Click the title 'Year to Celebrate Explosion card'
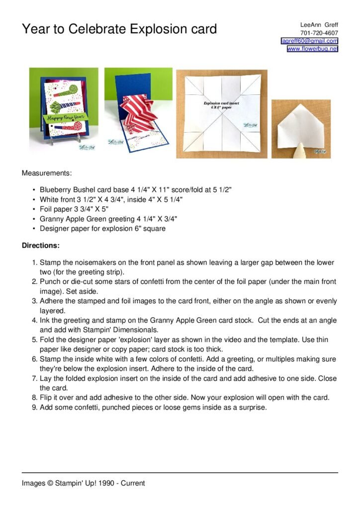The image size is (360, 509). [119, 29]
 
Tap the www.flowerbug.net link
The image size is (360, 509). [312, 49]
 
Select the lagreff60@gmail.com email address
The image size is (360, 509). [309, 41]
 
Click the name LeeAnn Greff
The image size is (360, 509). [319, 25]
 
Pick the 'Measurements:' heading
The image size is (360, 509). [47, 173]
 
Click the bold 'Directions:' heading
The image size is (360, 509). [41, 246]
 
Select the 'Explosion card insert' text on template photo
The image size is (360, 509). [221, 103]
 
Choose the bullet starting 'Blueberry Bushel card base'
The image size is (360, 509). [136, 190]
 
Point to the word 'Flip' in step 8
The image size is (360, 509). [46, 398]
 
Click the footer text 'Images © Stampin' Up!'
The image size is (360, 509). [83, 483]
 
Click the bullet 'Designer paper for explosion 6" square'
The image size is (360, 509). [102, 229]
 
